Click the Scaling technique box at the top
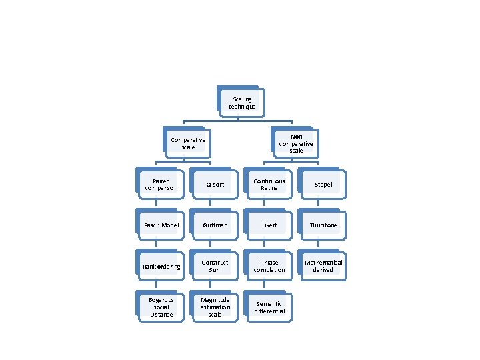[x=242, y=103]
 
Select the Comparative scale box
[x=188, y=143]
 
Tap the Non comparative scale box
[x=296, y=144]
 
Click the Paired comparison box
[x=161, y=185]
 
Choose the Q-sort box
[x=215, y=185]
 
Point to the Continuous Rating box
[x=269, y=185]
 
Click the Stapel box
[x=323, y=185]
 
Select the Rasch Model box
[x=161, y=225]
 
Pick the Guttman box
[x=215, y=225]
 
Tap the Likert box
[x=269, y=225]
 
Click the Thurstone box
[x=323, y=225]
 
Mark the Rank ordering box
[x=161, y=266]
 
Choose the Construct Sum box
[x=215, y=266]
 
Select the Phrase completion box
[x=269, y=266]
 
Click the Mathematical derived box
[x=323, y=266]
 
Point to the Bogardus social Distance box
[x=161, y=307]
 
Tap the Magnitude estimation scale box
[x=215, y=307]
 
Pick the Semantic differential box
[x=269, y=307]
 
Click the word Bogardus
[x=161, y=300]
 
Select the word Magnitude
[x=215, y=300]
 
